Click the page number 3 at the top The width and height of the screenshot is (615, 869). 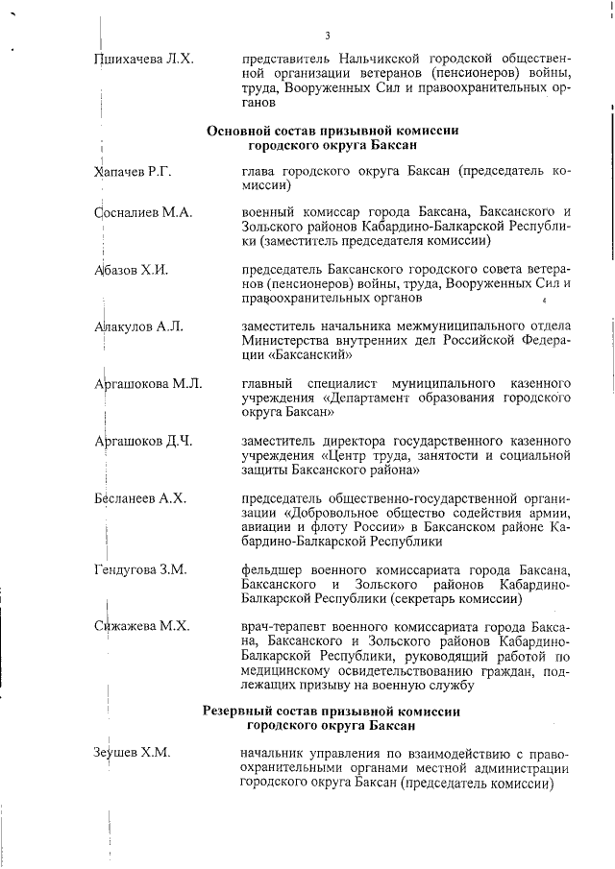[x=328, y=36]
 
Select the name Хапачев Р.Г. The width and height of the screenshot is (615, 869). [x=133, y=171]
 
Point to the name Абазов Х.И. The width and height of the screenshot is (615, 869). [x=132, y=270]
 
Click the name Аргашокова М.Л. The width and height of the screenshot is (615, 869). [x=148, y=384]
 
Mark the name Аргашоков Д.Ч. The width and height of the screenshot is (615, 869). [x=143, y=442]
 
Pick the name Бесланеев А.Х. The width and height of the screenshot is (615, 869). [x=139, y=498]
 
